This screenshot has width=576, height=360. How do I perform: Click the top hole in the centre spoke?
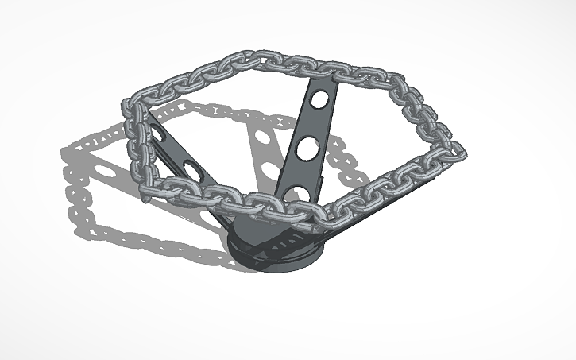coord(319,101)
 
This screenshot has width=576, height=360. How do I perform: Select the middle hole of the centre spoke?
coord(309,148)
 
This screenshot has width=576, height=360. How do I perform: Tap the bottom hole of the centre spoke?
coord(298,193)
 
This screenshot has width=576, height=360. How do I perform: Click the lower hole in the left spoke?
coord(192,168)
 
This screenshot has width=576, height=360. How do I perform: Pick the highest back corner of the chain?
coord(256,56)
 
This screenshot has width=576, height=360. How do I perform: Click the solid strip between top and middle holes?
coord(315,125)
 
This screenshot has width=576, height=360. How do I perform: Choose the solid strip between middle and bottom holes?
coord(303,171)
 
